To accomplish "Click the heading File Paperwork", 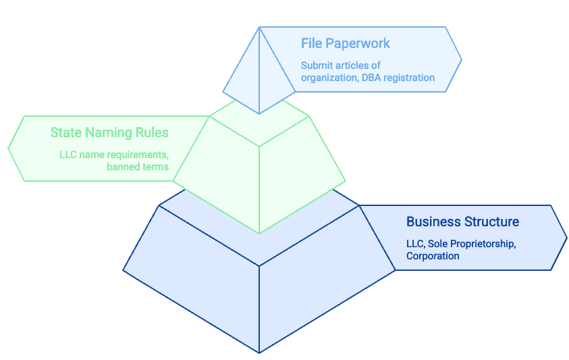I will (345, 44).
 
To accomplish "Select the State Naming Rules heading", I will (109, 132).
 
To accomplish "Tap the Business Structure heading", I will (462, 222).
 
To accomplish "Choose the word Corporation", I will (433, 256).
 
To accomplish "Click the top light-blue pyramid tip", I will (259, 74).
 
